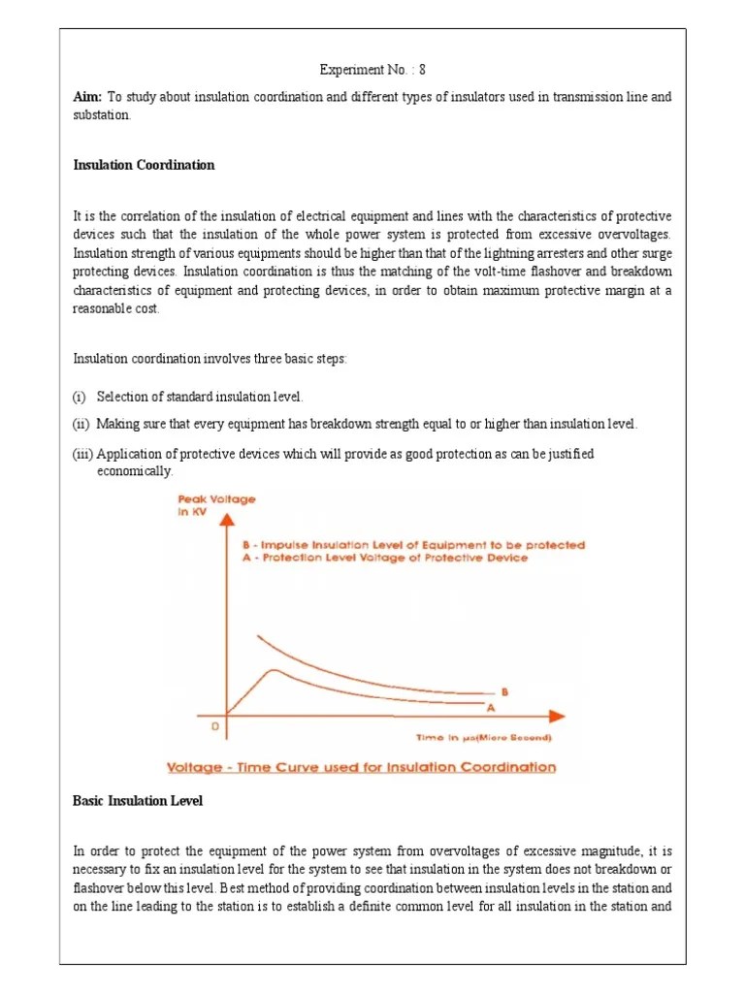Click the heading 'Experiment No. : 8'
point(372,71)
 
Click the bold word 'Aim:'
point(88,97)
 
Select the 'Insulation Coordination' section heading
point(144,165)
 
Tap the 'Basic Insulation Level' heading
point(138,800)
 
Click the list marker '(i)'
point(80,398)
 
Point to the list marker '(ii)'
point(81,425)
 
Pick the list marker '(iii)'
point(82,453)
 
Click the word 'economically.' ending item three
point(135,470)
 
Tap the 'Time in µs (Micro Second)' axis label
point(484,738)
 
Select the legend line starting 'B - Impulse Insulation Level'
point(413,545)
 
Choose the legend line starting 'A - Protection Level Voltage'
point(385,559)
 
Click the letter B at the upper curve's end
point(503,692)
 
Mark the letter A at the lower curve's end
point(503,707)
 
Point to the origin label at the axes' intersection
point(215,726)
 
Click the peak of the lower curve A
point(275,670)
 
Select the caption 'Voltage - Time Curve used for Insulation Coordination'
point(362,767)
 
